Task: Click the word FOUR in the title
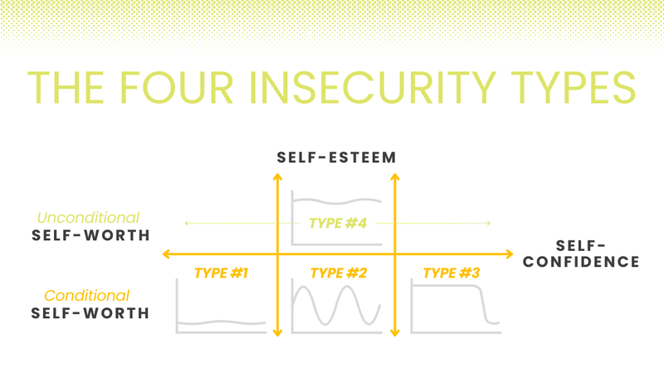(176, 87)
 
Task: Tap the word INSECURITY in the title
(372, 87)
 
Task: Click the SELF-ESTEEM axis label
(337, 158)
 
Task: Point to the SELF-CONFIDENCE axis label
(581, 253)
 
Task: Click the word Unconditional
(88, 218)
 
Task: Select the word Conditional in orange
(87, 296)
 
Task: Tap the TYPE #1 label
(221, 273)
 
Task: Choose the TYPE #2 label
(339, 273)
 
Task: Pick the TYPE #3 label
(452, 273)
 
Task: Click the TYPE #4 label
(338, 223)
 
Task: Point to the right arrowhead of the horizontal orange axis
(510, 254)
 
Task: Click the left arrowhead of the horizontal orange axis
(166, 254)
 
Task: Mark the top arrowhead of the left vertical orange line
(278, 176)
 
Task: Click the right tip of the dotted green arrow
(490, 223)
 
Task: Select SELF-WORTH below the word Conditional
(90, 313)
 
